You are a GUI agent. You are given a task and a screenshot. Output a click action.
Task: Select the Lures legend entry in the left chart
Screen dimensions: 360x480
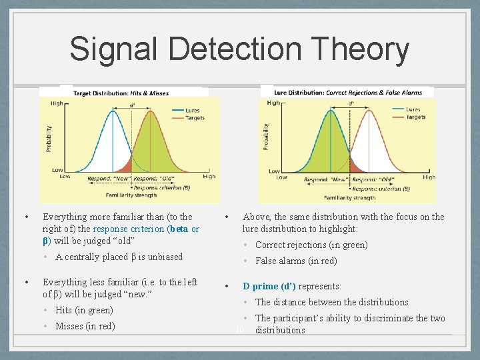tap(189, 110)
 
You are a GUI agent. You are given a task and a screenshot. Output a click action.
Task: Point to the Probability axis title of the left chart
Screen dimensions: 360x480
tap(48, 137)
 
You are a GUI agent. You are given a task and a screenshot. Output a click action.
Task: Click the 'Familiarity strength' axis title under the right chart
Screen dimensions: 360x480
tap(349, 197)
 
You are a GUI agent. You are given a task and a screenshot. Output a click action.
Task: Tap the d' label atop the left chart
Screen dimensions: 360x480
tap(131, 105)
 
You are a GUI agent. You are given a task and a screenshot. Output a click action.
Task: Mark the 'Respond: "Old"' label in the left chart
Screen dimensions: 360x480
tap(153, 179)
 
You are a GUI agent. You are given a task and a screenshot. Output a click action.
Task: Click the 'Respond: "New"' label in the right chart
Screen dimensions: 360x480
tap(326, 180)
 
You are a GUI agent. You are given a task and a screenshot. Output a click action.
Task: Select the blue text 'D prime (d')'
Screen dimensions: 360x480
tap(269, 286)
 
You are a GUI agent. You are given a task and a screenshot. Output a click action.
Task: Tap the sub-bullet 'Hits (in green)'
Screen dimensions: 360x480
tap(84, 310)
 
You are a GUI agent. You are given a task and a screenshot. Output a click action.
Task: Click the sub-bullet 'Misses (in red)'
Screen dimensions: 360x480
tap(85, 326)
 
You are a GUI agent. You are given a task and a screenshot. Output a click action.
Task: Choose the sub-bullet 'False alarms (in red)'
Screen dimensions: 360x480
tap(296, 261)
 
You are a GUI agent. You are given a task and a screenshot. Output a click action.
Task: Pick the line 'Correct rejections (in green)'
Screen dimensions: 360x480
tap(311, 245)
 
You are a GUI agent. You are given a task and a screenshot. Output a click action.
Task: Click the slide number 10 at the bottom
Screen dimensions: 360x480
tap(240, 330)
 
